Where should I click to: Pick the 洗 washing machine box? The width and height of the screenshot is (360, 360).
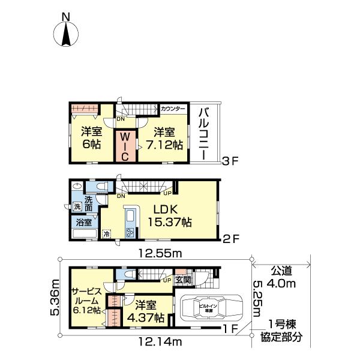(x=77, y=207)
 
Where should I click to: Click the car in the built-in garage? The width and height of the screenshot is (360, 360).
(x=210, y=310)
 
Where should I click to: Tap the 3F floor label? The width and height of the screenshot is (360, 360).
(x=230, y=160)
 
